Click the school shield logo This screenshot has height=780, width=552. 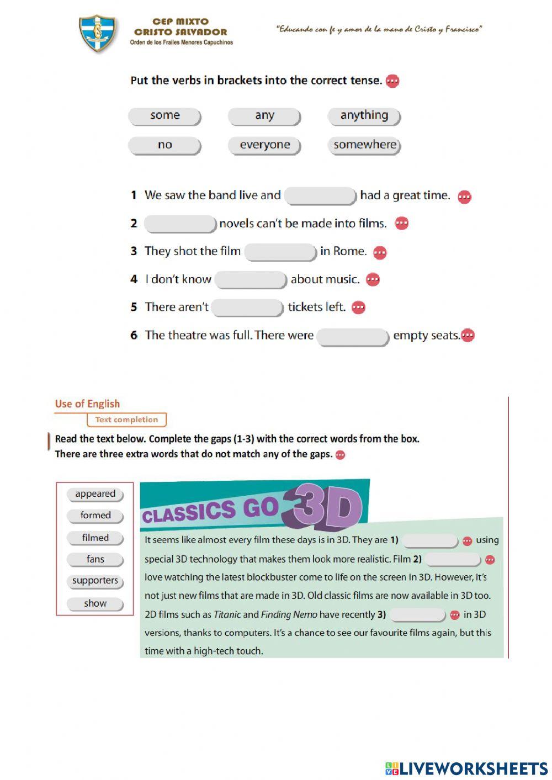pos(97,33)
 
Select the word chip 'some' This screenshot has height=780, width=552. pos(164,116)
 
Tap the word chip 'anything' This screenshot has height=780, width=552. pos(364,116)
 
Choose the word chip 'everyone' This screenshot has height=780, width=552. pos(264,145)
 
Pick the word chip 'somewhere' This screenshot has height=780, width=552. pos(364,145)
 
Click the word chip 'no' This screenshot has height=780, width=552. pos(164,145)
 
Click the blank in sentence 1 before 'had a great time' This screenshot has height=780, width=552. pos(320,196)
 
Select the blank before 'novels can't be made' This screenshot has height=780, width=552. pos(180,224)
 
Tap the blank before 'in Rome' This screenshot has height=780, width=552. pos(280,252)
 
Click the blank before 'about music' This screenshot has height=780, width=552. pos(251,280)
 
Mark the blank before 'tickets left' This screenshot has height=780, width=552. pos(247,307)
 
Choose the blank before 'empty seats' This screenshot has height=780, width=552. pos(353,336)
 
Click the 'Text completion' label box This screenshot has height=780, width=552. pos(126,420)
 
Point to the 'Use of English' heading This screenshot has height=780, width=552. pos(87,404)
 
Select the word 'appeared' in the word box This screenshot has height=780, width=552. pos(95,494)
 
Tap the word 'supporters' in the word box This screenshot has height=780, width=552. pos(95,581)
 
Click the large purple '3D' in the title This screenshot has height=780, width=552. pos(326,507)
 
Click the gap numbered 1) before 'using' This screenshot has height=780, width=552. pos(430,540)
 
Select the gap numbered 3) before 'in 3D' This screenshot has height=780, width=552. pos(417,615)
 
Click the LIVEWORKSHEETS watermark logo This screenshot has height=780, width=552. pos(466,768)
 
